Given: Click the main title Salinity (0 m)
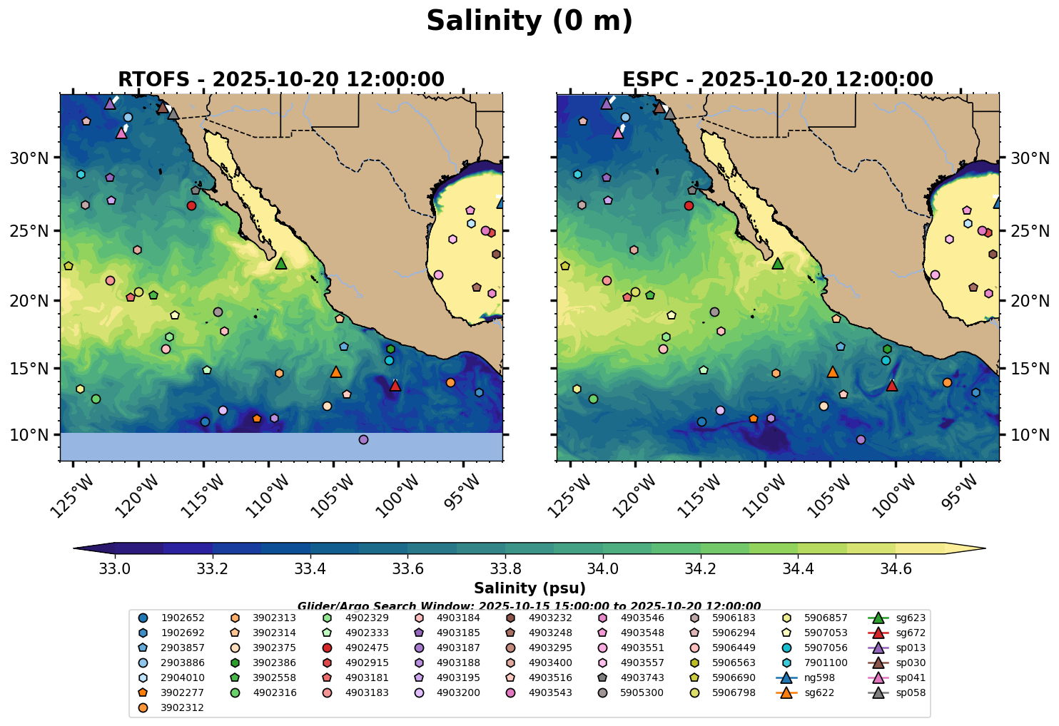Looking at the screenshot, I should coord(529,21).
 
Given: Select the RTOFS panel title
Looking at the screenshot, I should coord(280,80).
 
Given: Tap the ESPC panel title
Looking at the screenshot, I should coord(777,80).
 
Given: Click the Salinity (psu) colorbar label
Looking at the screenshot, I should coord(529,588).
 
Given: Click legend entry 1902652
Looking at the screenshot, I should coord(175,618).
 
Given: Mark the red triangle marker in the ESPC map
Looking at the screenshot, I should coord(891,385).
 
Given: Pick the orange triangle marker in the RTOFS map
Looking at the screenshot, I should coord(336,372).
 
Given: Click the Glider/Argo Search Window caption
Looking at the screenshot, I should coord(529,606).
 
